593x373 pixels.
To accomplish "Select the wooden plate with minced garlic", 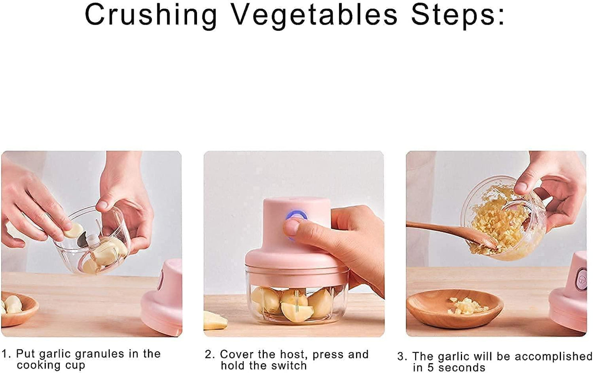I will [455, 308].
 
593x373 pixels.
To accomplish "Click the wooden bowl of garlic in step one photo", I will [16, 307].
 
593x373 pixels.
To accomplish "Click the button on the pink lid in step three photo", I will [581, 278].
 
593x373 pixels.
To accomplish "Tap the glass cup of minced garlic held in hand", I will [505, 219].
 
